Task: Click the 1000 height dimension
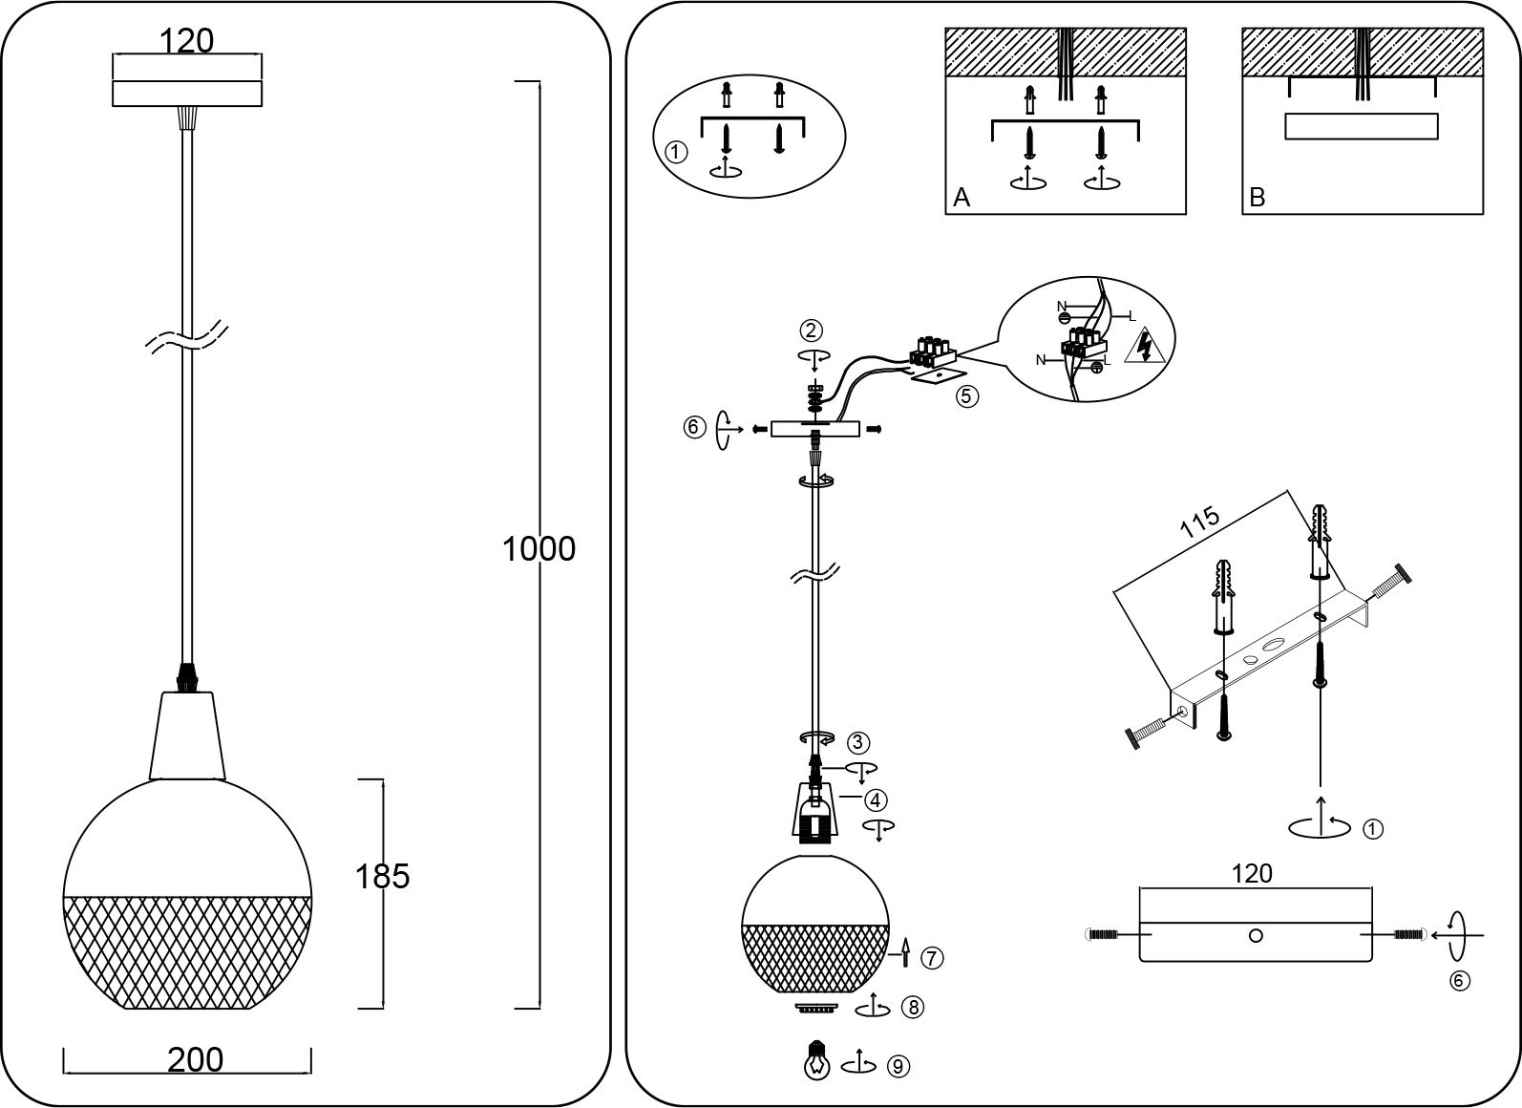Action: (539, 549)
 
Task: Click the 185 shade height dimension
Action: (382, 876)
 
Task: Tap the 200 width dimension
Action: (195, 1059)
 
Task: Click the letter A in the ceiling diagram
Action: (962, 198)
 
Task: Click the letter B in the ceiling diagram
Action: (1257, 198)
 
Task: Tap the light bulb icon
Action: (816, 1059)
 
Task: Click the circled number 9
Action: (898, 1066)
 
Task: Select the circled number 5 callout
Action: (968, 395)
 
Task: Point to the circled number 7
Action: (931, 956)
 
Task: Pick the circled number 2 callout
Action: (811, 331)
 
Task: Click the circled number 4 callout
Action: (876, 798)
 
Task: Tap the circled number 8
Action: (914, 1007)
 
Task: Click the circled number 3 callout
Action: (858, 741)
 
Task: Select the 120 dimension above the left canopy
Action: (186, 41)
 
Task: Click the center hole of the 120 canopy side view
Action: (1256, 936)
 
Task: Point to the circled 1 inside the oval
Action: (675, 152)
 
